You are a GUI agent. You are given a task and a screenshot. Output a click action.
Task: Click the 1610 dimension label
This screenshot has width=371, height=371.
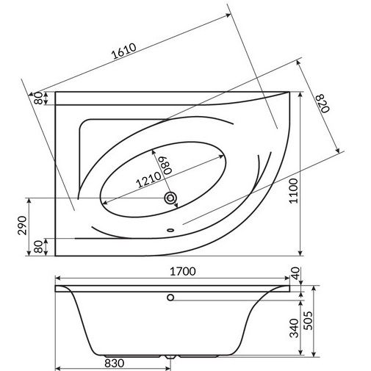(123, 51)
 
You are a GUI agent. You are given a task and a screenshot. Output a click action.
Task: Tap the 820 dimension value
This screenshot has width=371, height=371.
(323, 104)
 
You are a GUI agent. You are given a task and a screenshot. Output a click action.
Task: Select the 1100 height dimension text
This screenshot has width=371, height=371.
(293, 191)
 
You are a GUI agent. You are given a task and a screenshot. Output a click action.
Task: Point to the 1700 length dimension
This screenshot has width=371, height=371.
(183, 271)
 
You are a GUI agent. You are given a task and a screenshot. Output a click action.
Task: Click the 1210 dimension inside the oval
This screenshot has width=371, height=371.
(148, 179)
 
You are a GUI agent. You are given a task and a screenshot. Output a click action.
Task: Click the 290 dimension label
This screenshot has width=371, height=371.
(22, 226)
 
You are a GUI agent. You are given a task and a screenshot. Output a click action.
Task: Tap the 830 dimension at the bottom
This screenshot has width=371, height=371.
(115, 363)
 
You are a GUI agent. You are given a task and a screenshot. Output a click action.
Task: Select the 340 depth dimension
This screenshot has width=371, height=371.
(294, 328)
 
